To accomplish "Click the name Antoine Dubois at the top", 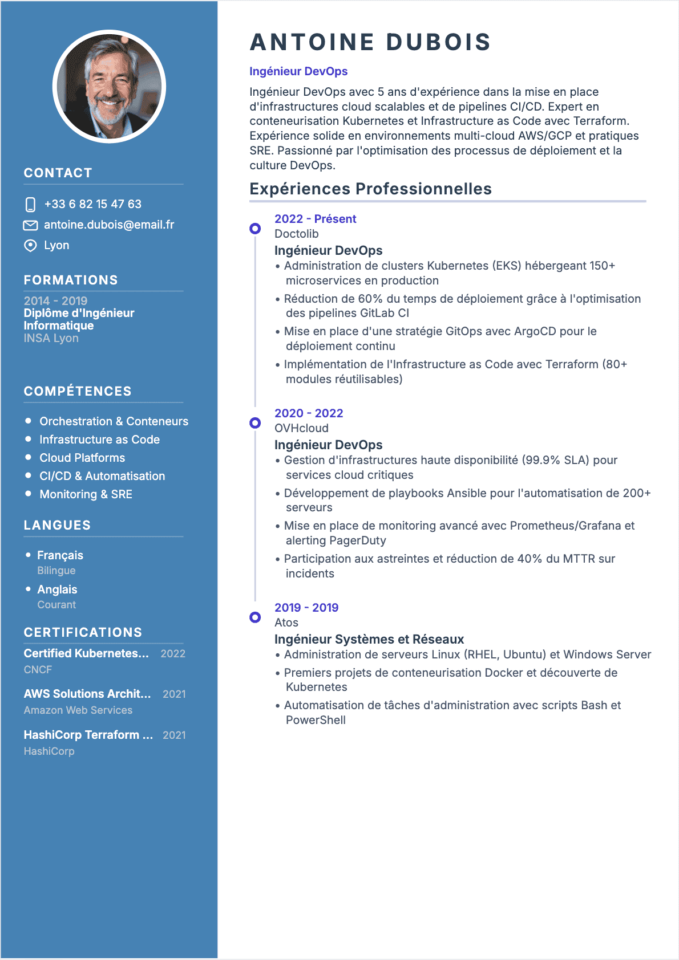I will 370,42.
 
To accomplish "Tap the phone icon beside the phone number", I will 31,204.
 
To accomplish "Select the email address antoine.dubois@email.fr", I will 109,225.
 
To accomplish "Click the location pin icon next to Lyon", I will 30,246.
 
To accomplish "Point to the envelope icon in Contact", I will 30,225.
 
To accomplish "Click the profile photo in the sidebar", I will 109,86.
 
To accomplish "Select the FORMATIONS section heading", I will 71,280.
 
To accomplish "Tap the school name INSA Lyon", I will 51,338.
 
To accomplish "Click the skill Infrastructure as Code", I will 99,440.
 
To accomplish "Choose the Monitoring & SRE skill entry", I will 86,494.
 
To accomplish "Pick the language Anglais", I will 57,589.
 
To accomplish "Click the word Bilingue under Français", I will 56,571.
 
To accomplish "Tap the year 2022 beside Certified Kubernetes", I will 173,654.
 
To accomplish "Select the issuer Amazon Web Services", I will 78,710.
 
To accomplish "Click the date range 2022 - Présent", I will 315,219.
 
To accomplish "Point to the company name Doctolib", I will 297,234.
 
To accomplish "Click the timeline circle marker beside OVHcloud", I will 255,423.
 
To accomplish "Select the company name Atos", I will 286,623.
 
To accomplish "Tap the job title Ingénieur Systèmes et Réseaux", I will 369,639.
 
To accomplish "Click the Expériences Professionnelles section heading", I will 370,189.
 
